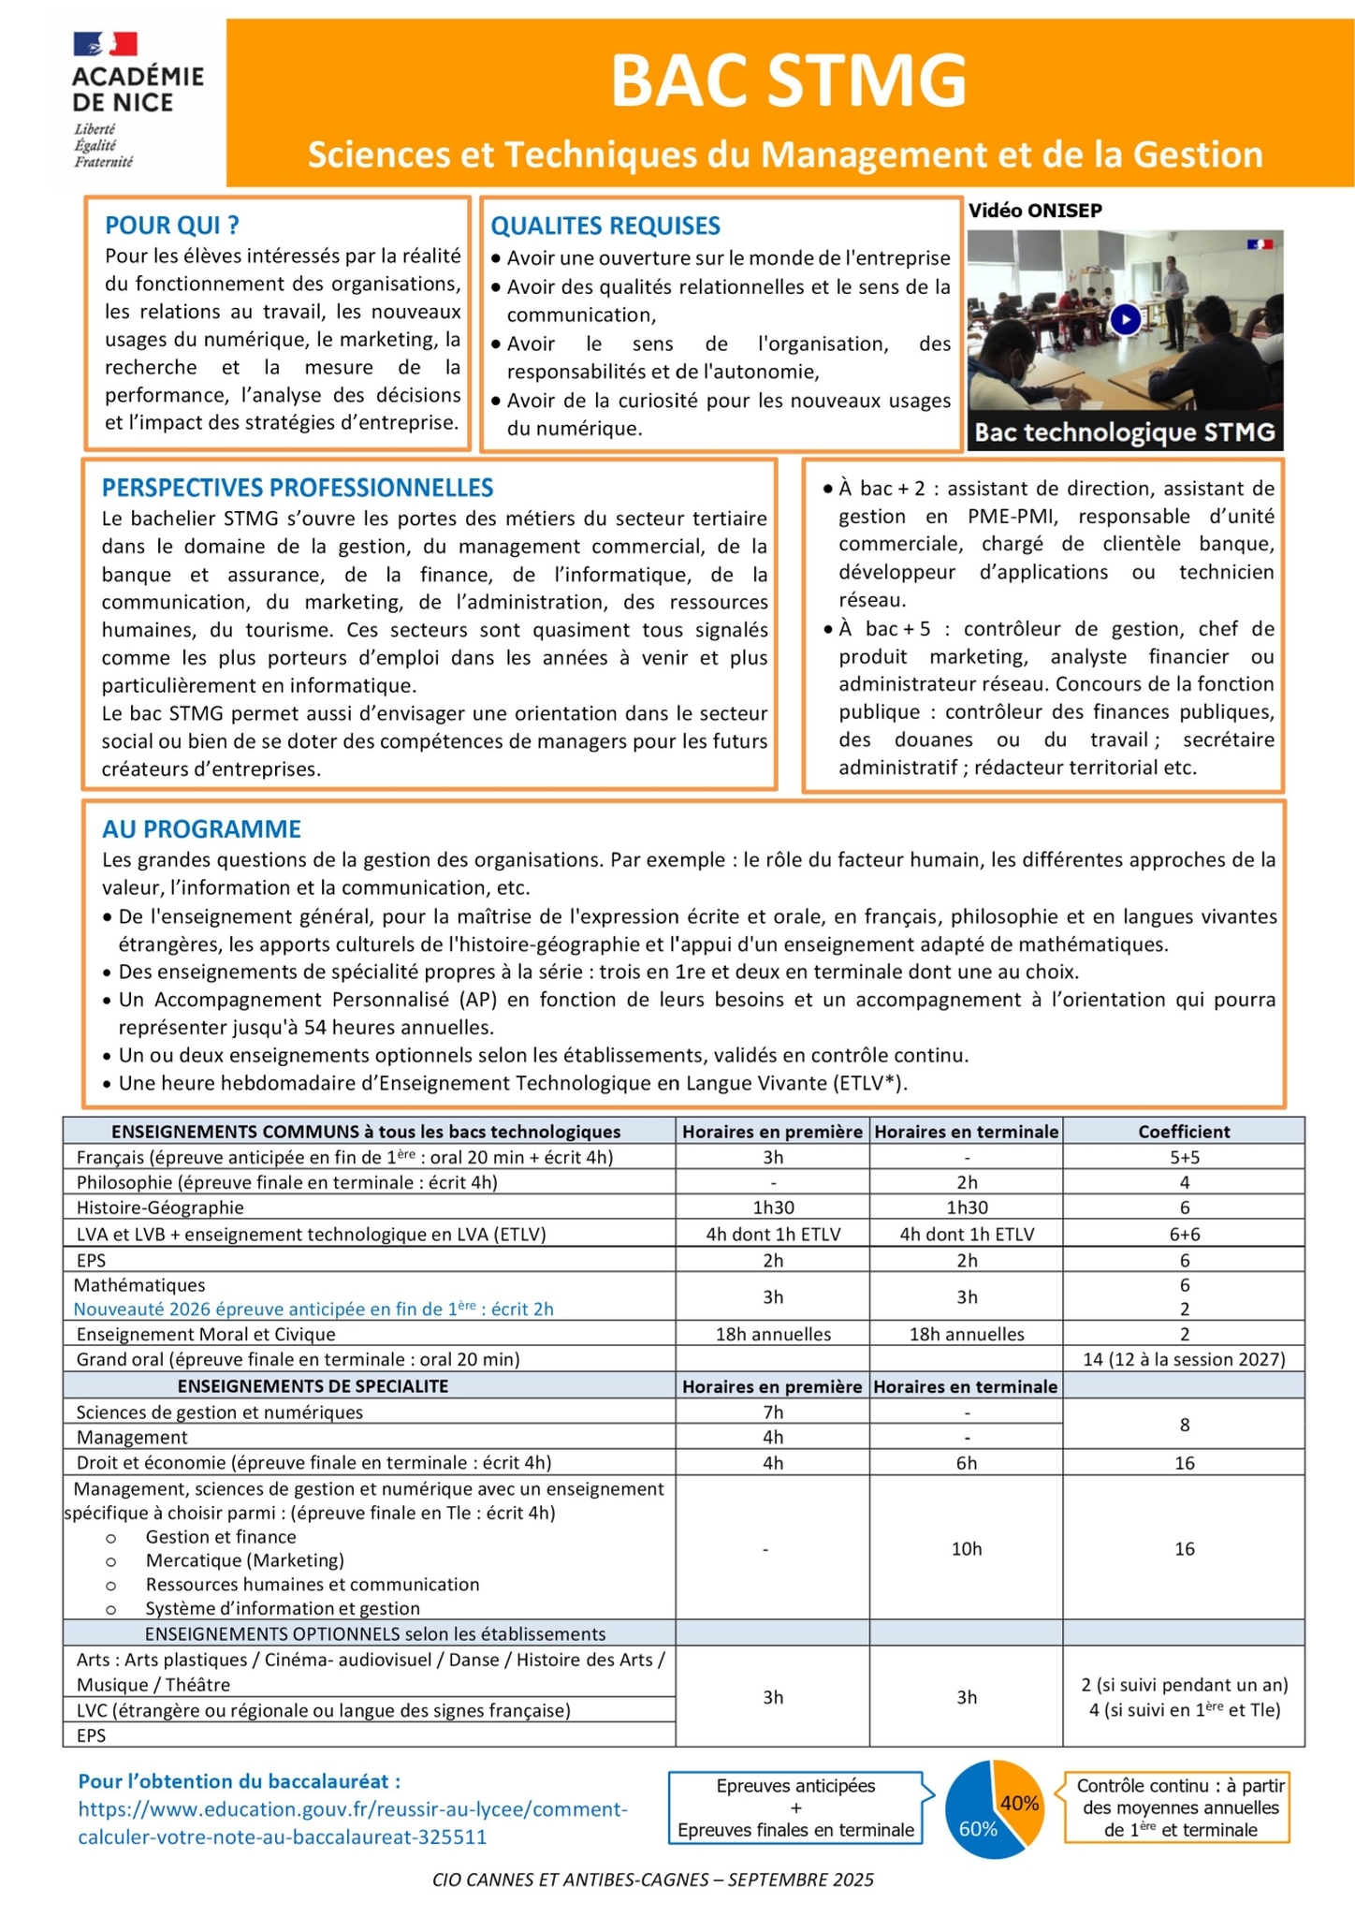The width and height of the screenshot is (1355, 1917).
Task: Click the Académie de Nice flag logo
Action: tap(106, 44)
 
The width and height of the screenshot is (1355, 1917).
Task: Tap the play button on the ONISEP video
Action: tap(1125, 320)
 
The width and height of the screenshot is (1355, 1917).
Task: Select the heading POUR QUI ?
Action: tap(172, 226)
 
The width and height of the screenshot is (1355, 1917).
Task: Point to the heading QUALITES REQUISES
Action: tap(605, 227)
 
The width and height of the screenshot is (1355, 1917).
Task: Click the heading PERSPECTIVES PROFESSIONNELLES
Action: tap(298, 488)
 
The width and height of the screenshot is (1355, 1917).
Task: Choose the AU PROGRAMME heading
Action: tap(201, 829)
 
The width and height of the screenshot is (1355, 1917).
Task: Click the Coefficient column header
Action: tap(1184, 1131)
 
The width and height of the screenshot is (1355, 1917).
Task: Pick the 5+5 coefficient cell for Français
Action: tap(1184, 1157)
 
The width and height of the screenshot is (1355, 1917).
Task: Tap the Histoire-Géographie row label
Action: tap(160, 1207)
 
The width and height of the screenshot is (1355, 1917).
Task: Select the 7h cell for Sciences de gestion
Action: tap(773, 1412)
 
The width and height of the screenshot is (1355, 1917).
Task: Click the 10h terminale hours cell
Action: tap(967, 1549)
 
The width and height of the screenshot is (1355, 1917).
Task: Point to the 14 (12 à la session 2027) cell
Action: tap(1184, 1359)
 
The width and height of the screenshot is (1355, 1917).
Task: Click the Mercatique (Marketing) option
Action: tap(245, 1560)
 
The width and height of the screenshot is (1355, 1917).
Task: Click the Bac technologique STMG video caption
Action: tap(1125, 432)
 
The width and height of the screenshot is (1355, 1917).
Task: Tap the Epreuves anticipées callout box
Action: tap(795, 1807)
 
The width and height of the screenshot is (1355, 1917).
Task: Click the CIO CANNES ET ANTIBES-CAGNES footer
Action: tap(653, 1880)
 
